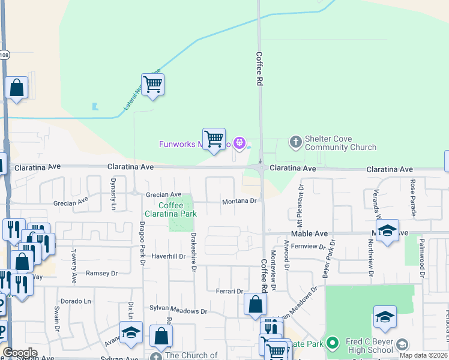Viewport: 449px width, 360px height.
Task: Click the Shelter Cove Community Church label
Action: pyautogui.click(x=340, y=143)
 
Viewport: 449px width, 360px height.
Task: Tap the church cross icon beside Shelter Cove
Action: pyautogui.click(x=295, y=142)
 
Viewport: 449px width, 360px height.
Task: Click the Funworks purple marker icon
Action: pyautogui.click(x=240, y=143)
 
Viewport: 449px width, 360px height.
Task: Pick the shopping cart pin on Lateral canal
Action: pyautogui.click(x=153, y=85)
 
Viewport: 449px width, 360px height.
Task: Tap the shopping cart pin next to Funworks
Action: pyautogui.click(x=214, y=139)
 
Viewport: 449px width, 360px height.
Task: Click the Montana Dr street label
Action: pyautogui.click(x=240, y=202)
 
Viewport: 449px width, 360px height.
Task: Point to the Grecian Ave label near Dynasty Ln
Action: pyautogui.click(x=163, y=194)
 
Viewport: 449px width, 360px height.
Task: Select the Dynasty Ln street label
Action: pyautogui.click(x=112, y=190)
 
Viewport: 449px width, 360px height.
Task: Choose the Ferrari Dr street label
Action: pyautogui.click(x=229, y=291)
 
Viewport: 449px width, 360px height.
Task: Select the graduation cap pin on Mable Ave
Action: pyautogui.click(x=387, y=231)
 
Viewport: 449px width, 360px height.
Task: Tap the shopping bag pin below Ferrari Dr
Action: pyautogui.click(x=255, y=305)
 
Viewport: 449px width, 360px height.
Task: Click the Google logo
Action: pyautogui.click(x=20, y=353)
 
